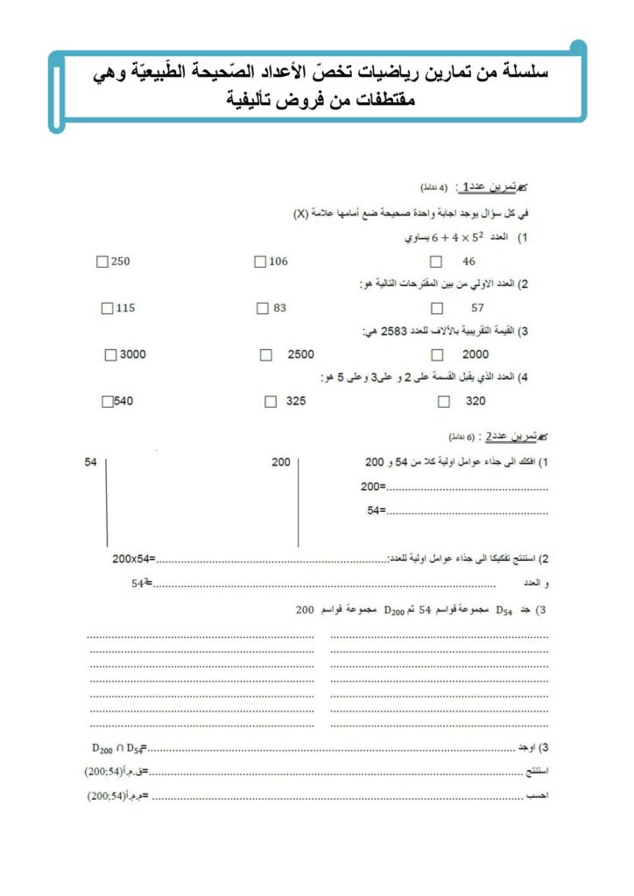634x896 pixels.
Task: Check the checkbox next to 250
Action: pos(105,262)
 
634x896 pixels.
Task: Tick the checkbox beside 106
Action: pos(259,262)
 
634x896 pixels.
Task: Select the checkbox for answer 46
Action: pos(436,262)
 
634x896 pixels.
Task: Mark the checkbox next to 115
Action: pos(108,308)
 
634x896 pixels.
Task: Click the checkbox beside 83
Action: pos(262,308)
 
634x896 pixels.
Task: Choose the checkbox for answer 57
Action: pos(437,308)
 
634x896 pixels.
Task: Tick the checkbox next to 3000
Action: pos(110,354)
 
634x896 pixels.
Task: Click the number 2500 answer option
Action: pos(300,354)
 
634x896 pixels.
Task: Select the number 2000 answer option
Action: pos(475,354)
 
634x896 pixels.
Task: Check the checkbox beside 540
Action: pos(107,402)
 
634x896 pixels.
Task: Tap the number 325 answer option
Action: pos(297,402)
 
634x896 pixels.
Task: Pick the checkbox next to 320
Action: pos(444,402)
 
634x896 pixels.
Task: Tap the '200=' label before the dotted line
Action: pos(373,486)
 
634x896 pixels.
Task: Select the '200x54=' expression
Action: pos(134,557)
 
